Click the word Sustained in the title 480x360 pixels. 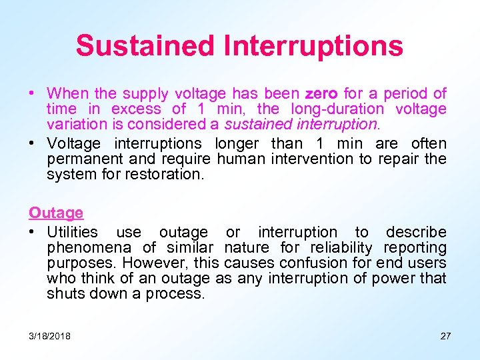pyautogui.click(x=145, y=46)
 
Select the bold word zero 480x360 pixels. pyautogui.click(x=322, y=93)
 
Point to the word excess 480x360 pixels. pyautogui.click(x=136, y=109)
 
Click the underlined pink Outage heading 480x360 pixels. pyautogui.click(x=56, y=213)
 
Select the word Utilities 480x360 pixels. pyautogui.click(x=72, y=232)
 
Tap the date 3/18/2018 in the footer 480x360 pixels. pyautogui.click(x=50, y=336)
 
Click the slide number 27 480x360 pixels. pyautogui.click(x=445, y=336)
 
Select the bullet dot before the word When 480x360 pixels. pyautogui.click(x=31, y=93)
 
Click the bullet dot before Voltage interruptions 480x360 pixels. pyautogui.click(x=31, y=143)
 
